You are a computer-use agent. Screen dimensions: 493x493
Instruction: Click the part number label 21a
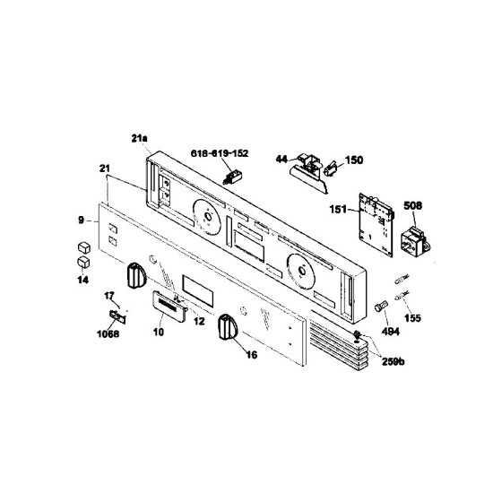(139, 138)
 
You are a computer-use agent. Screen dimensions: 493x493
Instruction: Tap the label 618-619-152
(220, 153)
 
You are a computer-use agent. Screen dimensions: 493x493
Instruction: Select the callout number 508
(412, 206)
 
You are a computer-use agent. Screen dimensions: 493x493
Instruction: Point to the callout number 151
(338, 209)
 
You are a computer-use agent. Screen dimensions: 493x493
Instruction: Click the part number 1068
(108, 334)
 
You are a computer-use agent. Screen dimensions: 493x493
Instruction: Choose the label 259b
(393, 362)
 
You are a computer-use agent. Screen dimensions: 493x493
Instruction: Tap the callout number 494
(391, 332)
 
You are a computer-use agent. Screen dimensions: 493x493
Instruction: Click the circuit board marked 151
(376, 224)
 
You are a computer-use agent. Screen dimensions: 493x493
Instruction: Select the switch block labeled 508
(416, 241)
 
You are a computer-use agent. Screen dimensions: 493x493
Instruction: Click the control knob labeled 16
(228, 326)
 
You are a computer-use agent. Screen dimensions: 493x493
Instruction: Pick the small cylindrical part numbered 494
(381, 306)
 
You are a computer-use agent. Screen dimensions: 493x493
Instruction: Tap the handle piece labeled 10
(169, 307)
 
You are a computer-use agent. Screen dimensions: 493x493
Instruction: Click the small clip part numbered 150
(331, 169)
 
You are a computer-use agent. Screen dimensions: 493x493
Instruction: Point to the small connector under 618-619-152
(232, 177)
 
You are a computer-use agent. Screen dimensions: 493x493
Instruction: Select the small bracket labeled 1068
(117, 317)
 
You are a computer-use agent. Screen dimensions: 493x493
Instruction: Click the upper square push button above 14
(84, 247)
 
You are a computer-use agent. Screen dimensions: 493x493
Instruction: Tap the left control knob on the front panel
(137, 276)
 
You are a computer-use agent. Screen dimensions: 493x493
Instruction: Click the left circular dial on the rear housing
(207, 217)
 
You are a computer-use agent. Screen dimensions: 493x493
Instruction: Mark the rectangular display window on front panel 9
(198, 291)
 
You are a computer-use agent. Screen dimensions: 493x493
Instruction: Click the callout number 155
(412, 318)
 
